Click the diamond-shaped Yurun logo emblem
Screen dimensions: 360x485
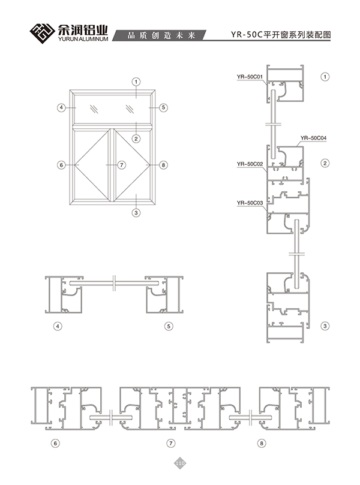(x=43, y=34)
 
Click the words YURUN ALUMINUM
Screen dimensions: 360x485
(x=83, y=40)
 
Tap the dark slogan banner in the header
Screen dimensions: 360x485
(x=159, y=35)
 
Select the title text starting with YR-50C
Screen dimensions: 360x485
(x=281, y=35)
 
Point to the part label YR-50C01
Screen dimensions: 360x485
(x=250, y=76)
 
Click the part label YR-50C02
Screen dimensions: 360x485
(x=250, y=164)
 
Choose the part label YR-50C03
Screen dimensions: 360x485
(x=250, y=203)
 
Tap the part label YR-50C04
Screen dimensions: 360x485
(x=313, y=138)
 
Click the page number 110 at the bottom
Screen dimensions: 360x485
(x=180, y=463)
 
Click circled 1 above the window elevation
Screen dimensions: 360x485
(x=136, y=82)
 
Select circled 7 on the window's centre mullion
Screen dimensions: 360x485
(x=122, y=165)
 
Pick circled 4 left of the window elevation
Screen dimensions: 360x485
(x=62, y=108)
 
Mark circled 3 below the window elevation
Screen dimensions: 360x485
(x=136, y=213)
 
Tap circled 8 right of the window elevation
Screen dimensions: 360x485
(x=163, y=165)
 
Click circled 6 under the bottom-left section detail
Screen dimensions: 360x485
(x=55, y=443)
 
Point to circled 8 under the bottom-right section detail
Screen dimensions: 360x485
(x=262, y=443)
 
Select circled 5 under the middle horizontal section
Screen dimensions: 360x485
(x=169, y=326)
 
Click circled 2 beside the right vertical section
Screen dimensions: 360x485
(x=325, y=163)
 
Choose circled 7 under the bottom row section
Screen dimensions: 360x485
(x=171, y=443)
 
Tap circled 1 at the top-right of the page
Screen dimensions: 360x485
(x=325, y=77)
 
